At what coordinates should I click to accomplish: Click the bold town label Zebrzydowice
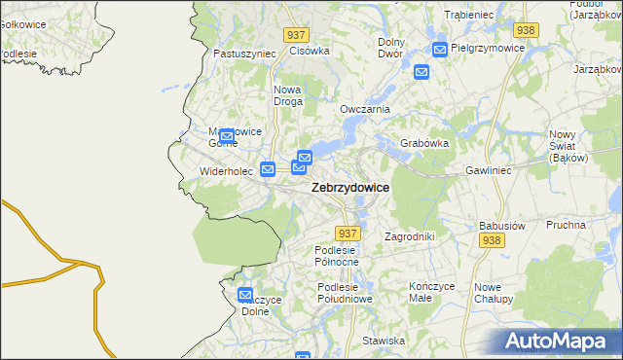click(x=350, y=188)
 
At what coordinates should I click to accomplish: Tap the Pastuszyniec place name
click(x=244, y=54)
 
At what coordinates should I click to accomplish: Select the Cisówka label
click(x=311, y=51)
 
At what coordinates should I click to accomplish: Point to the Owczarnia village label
click(x=364, y=109)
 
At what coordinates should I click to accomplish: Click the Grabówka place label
click(x=424, y=143)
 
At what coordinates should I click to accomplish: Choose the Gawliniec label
click(x=489, y=169)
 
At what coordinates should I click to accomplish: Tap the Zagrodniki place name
click(x=409, y=235)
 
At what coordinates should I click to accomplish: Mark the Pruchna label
click(x=566, y=224)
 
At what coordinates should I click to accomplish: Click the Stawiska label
click(x=384, y=341)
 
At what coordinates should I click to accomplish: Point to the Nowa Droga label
click(x=287, y=95)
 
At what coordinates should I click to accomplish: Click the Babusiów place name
click(x=502, y=225)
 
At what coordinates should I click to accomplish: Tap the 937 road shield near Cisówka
click(x=298, y=34)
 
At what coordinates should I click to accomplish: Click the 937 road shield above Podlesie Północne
click(x=348, y=234)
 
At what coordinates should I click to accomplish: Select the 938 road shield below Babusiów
click(x=492, y=240)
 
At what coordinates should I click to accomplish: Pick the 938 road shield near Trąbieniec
click(x=526, y=30)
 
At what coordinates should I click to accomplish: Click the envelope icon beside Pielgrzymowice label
click(x=440, y=49)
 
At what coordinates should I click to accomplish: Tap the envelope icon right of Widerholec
click(x=268, y=169)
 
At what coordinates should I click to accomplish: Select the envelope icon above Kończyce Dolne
click(x=245, y=295)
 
